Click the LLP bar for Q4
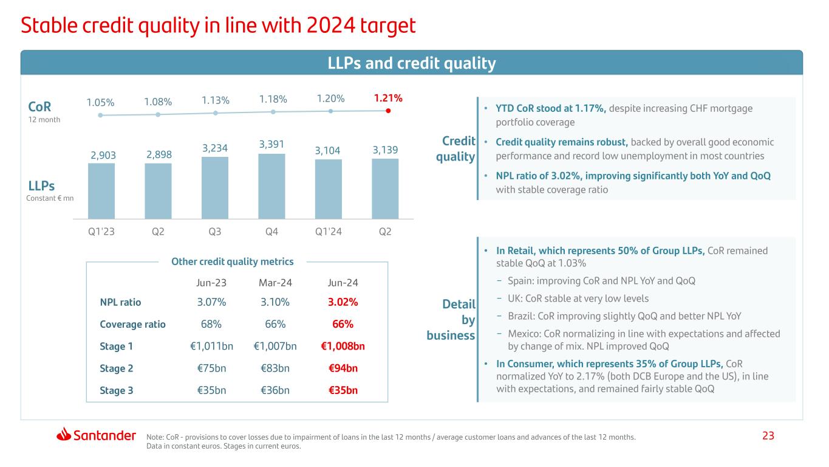tap(271, 186)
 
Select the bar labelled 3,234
tap(215, 188)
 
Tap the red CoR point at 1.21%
tap(388, 111)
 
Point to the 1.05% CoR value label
tap(101, 102)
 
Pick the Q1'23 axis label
tap(101, 231)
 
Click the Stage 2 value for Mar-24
tap(275, 368)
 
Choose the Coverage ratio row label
tap(132, 324)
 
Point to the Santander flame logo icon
tap(64, 435)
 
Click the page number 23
tap(768, 435)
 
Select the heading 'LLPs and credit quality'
tap(411, 63)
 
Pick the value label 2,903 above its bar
tap(101, 155)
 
